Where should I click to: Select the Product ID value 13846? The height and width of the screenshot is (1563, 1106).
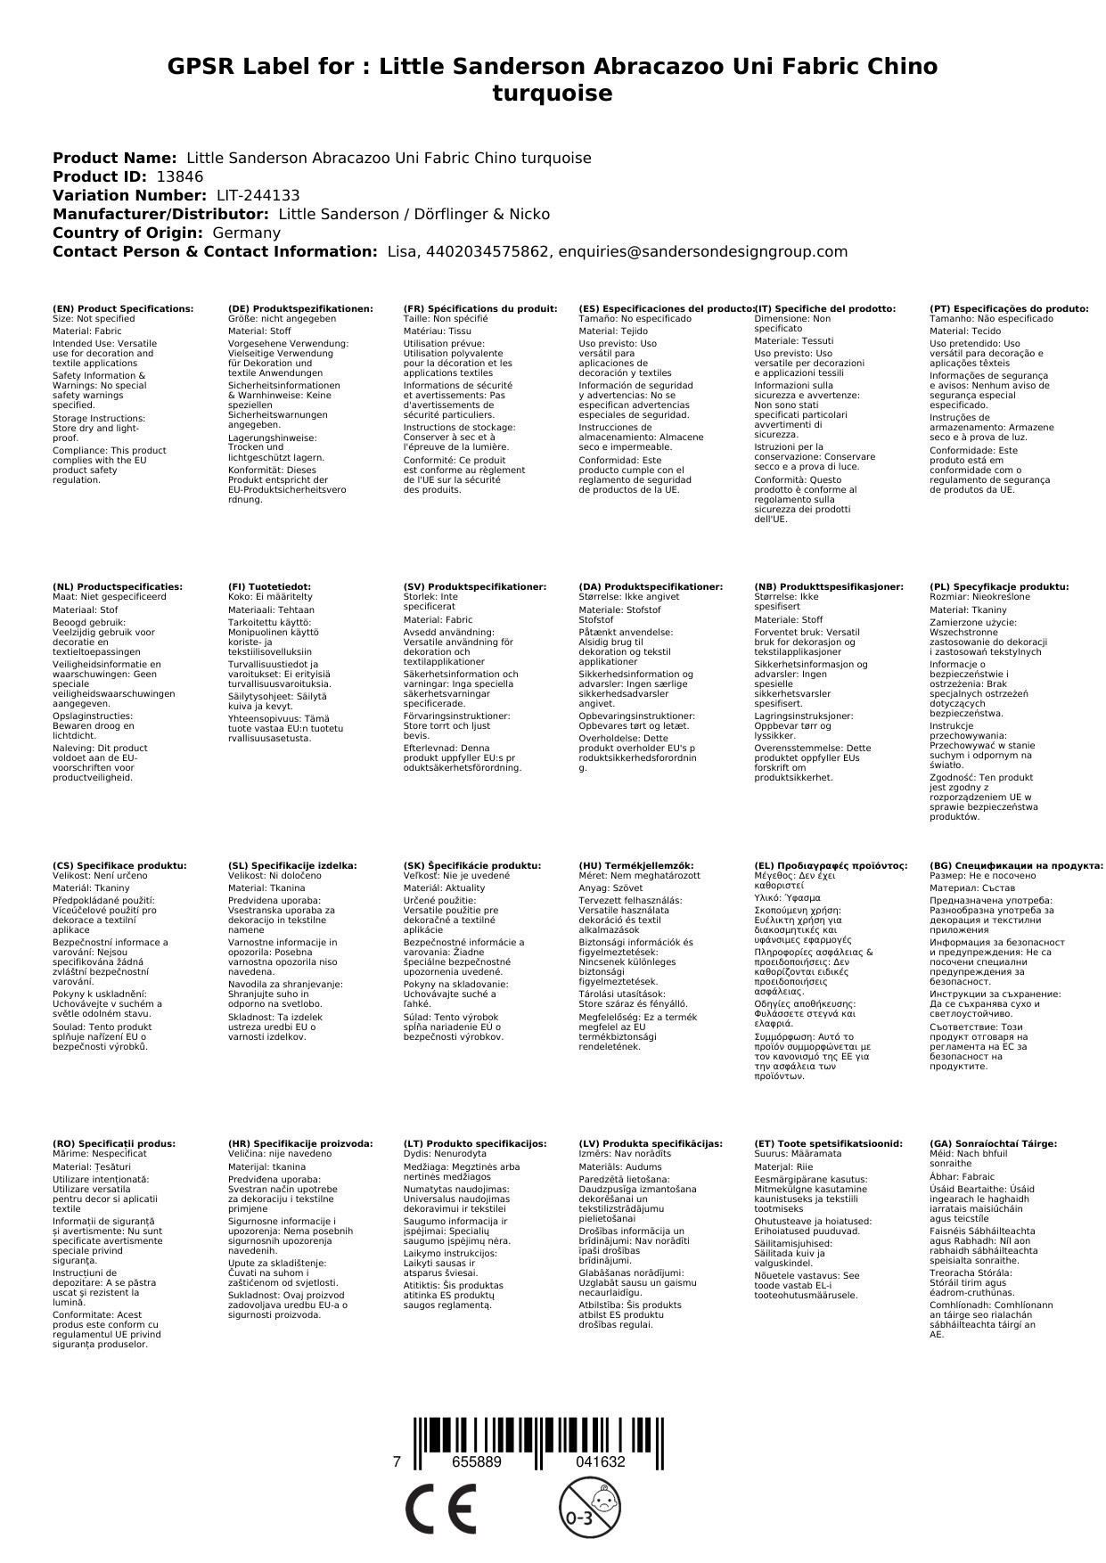[x=179, y=176]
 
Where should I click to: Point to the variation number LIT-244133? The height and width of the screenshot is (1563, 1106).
[x=258, y=195]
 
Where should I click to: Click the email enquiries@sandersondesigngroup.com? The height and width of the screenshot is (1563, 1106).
[x=702, y=251]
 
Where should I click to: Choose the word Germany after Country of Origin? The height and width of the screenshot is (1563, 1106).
[x=246, y=233]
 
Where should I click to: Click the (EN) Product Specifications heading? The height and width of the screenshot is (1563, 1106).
[x=123, y=308]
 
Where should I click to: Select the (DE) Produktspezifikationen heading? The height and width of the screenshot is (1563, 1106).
[x=300, y=308]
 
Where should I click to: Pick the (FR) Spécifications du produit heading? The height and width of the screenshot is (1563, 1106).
[x=480, y=308]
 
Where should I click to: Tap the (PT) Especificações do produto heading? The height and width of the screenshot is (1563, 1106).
[x=1009, y=308]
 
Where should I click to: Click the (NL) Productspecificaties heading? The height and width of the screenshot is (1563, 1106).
[x=117, y=586]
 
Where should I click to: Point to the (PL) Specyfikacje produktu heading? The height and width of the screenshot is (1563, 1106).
[x=999, y=586]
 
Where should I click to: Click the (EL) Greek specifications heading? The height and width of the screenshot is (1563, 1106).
[x=831, y=865]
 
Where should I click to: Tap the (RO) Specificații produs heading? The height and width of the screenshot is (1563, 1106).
[x=114, y=1143]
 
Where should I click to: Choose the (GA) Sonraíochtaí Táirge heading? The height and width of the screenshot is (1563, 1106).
[x=993, y=1143]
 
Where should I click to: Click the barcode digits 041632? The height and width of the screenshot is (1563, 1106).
[x=600, y=1461]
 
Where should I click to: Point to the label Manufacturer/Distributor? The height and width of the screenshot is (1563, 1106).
[x=160, y=214]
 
